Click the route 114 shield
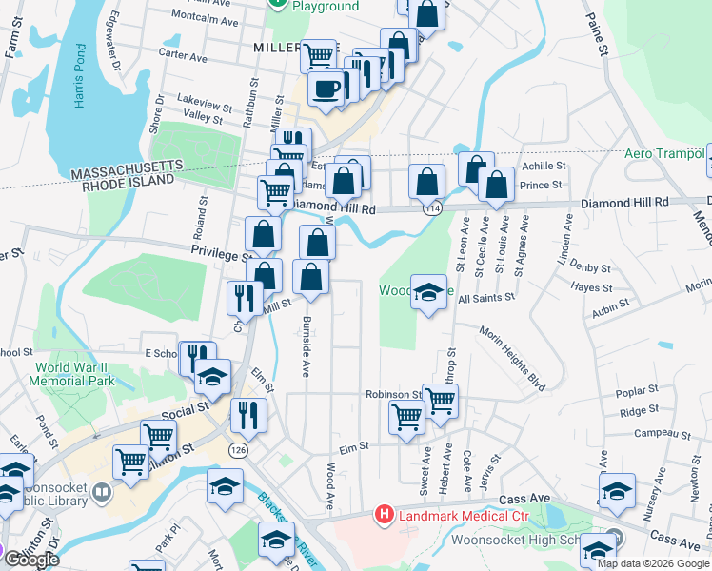tap(434, 207)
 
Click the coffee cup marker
tap(326, 89)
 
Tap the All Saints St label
tap(485, 298)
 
